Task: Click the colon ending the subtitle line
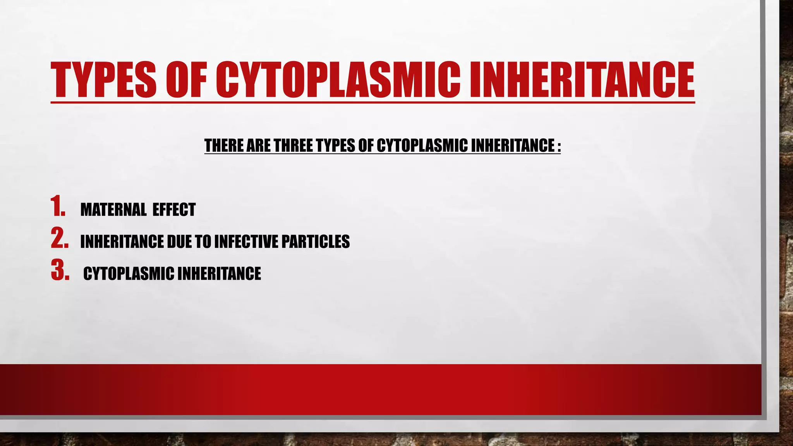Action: [x=558, y=146]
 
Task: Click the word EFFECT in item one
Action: [x=174, y=210]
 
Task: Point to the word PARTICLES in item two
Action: [x=315, y=242]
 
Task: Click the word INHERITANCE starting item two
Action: [x=122, y=242]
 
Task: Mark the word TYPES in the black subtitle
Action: [x=335, y=146]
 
